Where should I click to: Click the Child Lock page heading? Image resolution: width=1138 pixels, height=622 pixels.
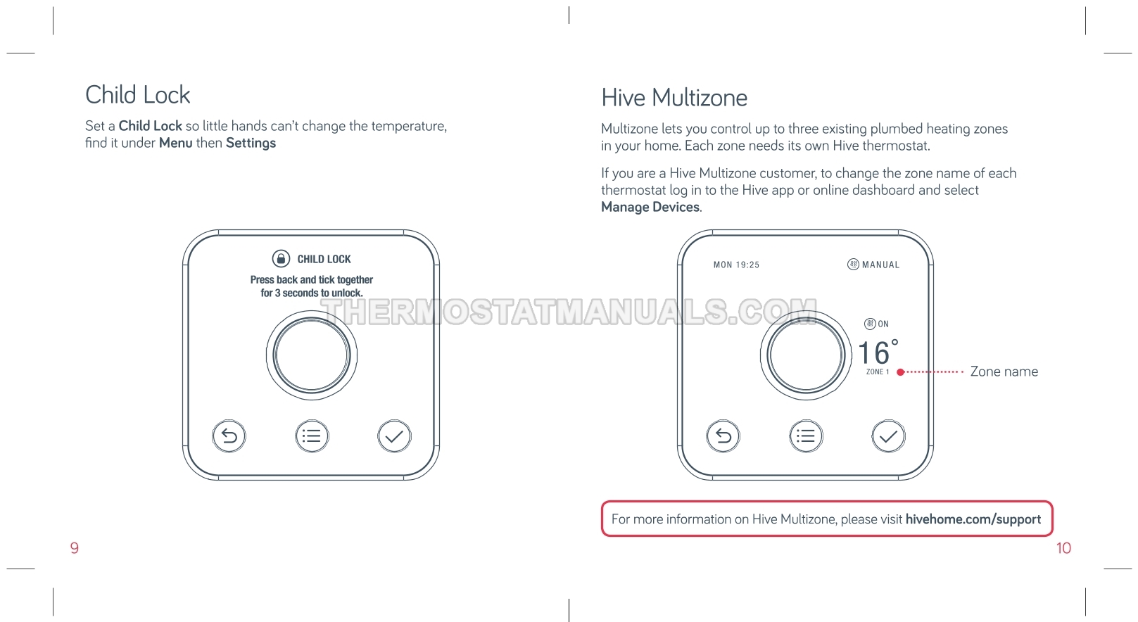pyautogui.click(x=138, y=95)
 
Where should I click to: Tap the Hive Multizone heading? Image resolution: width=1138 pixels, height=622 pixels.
pyautogui.click(x=674, y=98)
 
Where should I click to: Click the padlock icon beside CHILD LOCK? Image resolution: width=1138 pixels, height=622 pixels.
pyautogui.click(x=281, y=258)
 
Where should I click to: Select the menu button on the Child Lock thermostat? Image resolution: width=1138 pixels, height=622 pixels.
pyautogui.click(x=312, y=436)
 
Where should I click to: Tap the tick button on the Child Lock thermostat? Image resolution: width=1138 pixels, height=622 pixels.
pyautogui.click(x=394, y=436)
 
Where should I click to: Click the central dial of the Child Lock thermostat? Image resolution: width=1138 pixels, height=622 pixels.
pyautogui.click(x=312, y=355)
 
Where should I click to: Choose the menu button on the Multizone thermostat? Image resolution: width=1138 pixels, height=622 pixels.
pyautogui.click(x=807, y=436)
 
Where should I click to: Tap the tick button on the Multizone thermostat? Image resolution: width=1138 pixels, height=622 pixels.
pyautogui.click(x=889, y=436)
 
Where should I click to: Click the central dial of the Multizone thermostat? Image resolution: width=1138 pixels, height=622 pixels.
pyautogui.click(x=806, y=355)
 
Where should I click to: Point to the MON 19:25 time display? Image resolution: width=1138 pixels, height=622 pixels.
pyautogui.click(x=736, y=265)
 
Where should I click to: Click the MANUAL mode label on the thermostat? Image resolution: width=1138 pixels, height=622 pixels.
pyautogui.click(x=881, y=265)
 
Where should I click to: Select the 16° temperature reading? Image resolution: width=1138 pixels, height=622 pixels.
pyautogui.click(x=878, y=352)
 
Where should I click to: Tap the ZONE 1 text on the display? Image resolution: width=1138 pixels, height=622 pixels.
pyautogui.click(x=878, y=372)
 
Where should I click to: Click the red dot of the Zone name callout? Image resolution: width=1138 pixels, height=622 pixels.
pyautogui.click(x=901, y=372)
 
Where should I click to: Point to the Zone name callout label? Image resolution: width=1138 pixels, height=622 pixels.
pyautogui.click(x=1004, y=372)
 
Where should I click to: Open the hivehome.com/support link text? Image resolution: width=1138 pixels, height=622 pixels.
pyautogui.click(x=973, y=519)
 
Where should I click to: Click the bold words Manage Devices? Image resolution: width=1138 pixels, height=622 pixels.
pyautogui.click(x=650, y=207)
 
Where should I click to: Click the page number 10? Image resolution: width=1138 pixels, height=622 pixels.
pyautogui.click(x=1063, y=548)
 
